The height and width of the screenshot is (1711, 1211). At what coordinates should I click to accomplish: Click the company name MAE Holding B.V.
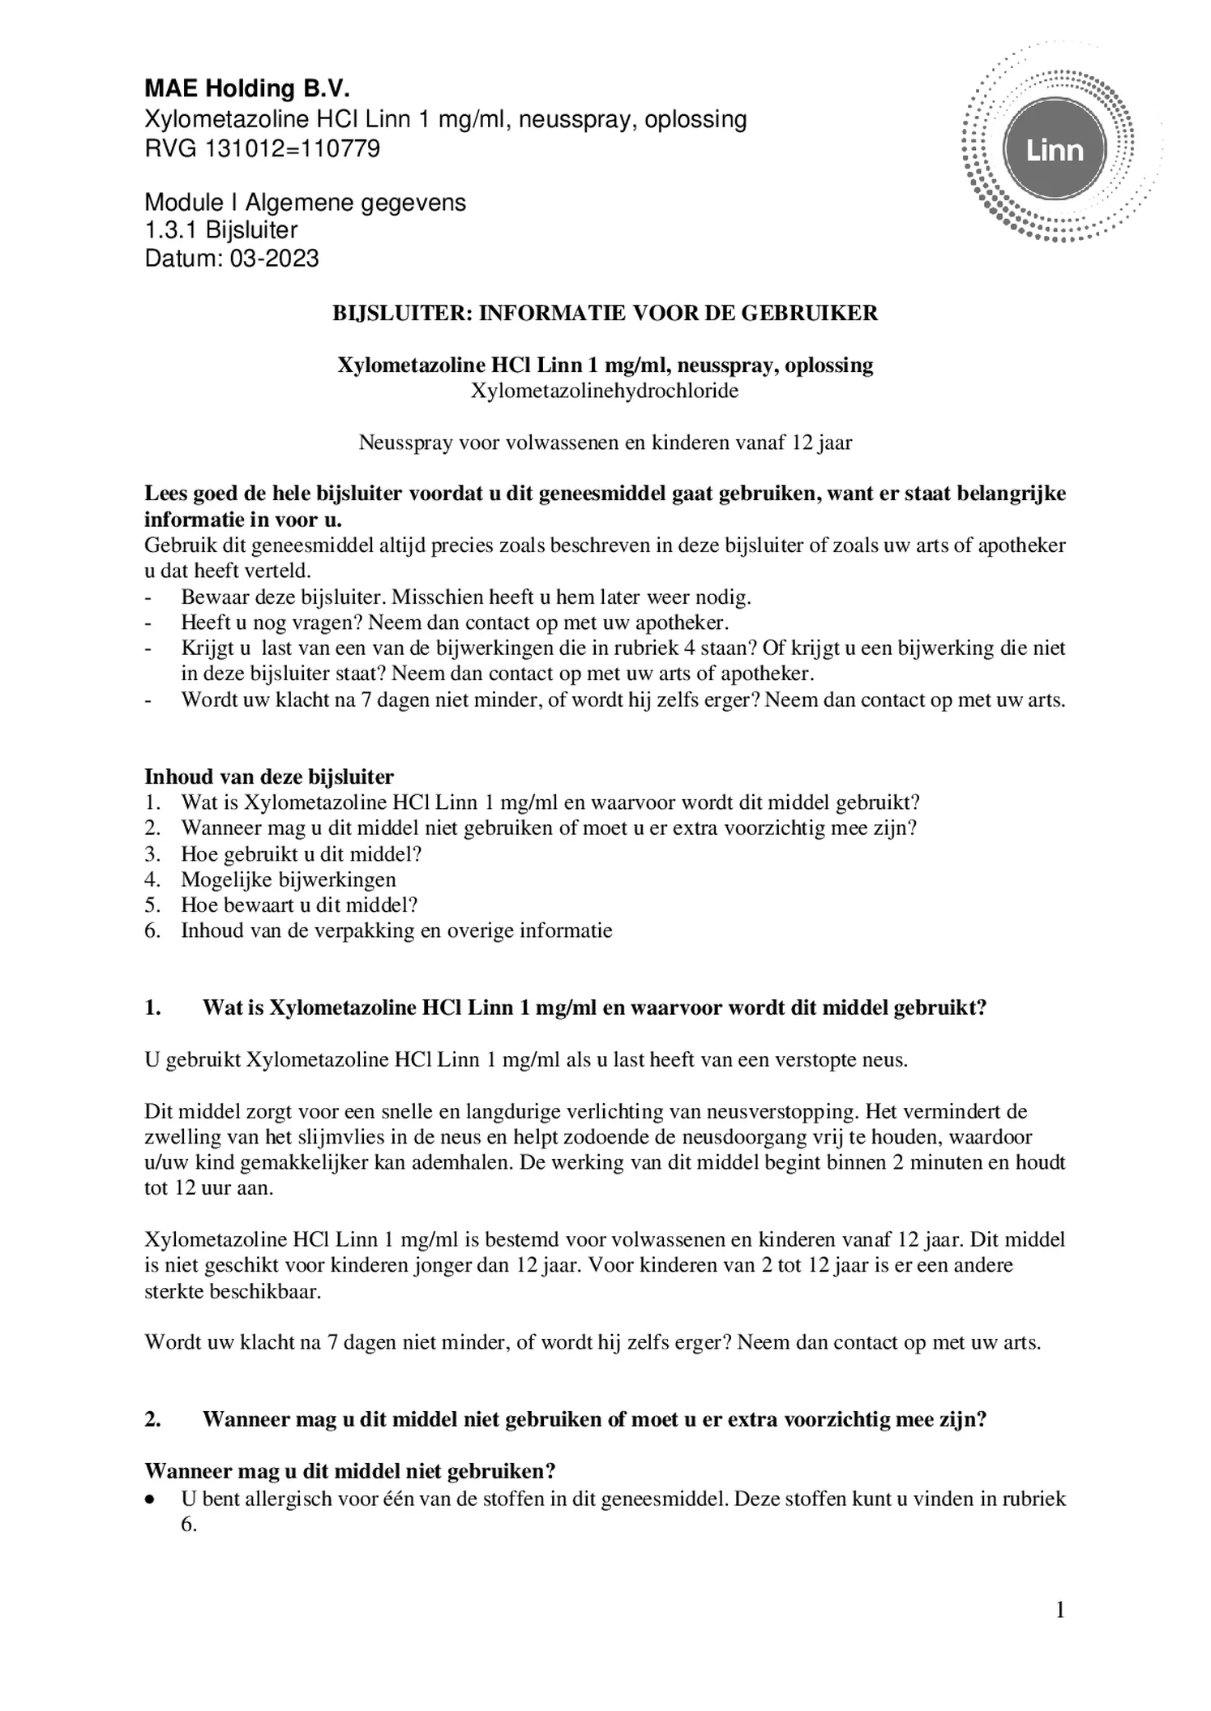click(x=246, y=88)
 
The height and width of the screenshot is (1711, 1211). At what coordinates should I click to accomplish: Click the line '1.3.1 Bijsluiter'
click(x=220, y=230)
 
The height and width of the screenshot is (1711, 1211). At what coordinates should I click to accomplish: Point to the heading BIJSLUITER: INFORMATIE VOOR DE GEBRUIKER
click(x=605, y=314)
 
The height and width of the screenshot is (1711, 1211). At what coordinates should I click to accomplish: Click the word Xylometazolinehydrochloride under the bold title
click(x=605, y=391)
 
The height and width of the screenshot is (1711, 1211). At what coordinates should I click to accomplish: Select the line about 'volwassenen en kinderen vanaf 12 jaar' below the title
click(x=605, y=443)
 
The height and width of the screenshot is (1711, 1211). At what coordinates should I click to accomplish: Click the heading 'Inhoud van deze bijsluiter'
click(x=268, y=776)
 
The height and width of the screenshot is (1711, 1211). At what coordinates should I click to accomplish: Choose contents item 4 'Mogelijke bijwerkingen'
click(x=288, y=879)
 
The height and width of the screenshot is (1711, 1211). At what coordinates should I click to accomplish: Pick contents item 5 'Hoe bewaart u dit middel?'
click(x=298, y=905)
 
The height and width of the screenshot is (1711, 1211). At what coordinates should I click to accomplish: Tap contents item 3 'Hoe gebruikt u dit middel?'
click(x=301, y=853)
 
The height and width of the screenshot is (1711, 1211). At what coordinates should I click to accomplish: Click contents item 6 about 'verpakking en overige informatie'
click(x=396, y=930)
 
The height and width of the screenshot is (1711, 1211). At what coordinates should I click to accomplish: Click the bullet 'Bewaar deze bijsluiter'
click(x=465, y=597)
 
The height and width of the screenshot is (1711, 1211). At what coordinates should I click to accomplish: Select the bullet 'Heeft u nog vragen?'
click(x=454, y=622)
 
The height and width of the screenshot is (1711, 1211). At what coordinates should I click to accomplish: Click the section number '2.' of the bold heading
click(x=152, y=1419)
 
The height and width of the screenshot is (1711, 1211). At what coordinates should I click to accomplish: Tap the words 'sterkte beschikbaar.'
click(x=233, y=1291)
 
